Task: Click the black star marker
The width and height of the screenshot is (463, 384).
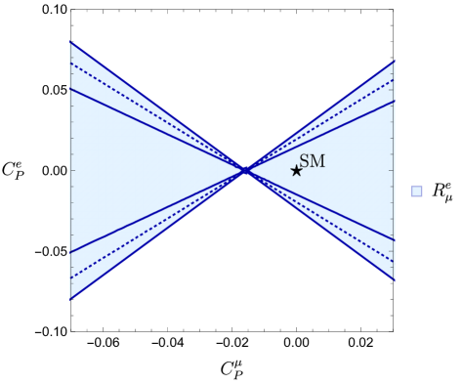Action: coord(296,171)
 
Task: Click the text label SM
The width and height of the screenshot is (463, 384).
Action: coord(312,161)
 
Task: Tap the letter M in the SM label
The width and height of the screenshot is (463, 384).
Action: coord(317,161)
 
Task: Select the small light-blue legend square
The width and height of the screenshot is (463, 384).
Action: coord(417,191)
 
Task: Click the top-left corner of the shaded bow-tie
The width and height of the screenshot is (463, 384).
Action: coord(70,42)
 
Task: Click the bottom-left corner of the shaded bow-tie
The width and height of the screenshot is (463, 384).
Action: coord(70,298)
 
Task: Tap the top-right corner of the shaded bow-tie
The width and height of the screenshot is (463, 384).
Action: coord(395,62)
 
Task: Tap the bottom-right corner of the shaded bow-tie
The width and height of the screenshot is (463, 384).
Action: coord(395,279)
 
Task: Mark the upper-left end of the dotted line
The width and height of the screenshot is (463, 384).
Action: coord(70,64)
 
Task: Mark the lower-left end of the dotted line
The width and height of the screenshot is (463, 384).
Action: coord(70,277)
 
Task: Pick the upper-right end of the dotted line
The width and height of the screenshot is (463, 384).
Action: coord(395,79)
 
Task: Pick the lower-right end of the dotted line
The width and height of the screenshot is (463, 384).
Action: coord(395,261)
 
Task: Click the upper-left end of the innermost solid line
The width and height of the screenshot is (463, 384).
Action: coord(70,89)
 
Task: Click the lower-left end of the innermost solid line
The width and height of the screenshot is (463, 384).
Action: coord(70,252)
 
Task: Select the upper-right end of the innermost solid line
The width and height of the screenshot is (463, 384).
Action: coord(395,101)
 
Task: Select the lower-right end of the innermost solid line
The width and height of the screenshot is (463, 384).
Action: coord(395,239)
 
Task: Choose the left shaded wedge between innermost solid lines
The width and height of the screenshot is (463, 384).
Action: coord(127,170)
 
